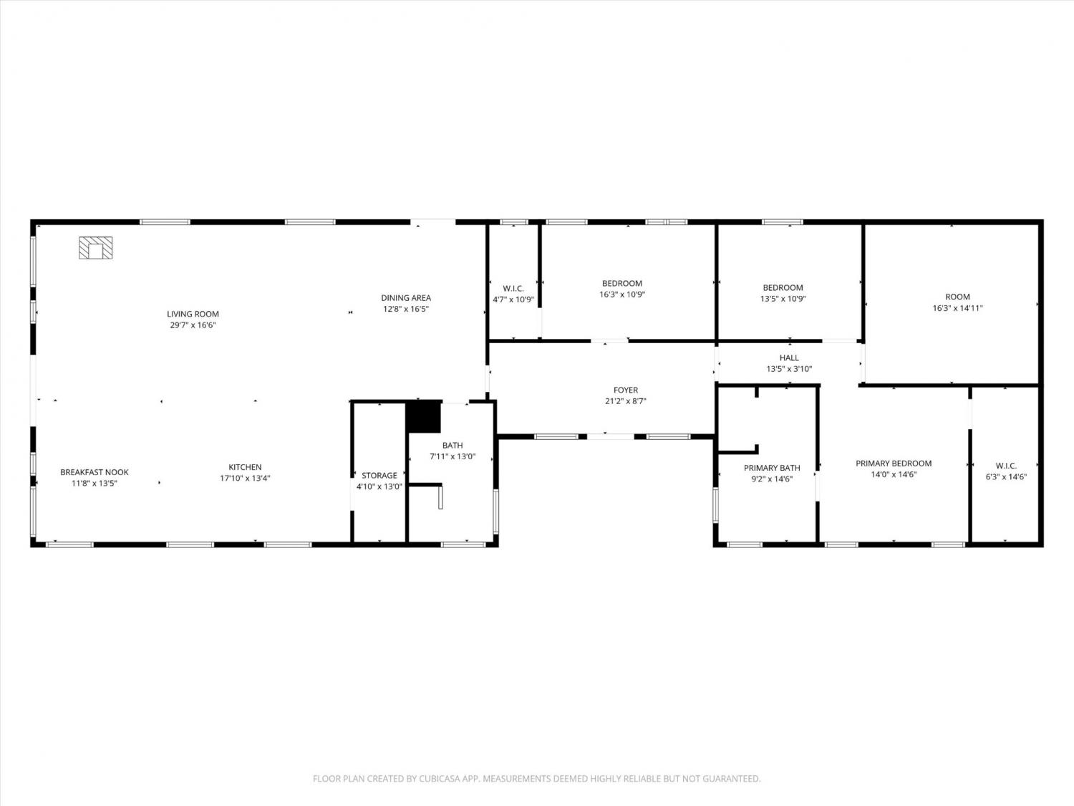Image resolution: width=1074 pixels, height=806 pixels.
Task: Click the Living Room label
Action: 193,315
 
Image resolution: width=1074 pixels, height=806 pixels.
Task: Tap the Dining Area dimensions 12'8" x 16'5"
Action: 406,310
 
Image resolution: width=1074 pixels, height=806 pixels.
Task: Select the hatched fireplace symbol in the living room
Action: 96,248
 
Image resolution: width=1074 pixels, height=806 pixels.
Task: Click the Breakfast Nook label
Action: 95,472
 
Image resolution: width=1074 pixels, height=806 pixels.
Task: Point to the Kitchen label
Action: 245,467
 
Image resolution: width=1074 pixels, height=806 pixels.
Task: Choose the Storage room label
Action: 379,476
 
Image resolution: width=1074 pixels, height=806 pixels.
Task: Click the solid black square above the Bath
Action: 424,416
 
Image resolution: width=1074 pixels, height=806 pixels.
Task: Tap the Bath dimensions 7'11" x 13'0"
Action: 453,457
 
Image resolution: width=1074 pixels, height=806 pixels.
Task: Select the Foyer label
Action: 626,390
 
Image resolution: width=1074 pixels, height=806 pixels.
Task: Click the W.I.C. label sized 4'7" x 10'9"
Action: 513,289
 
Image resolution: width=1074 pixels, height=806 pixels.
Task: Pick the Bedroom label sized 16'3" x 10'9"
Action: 622,283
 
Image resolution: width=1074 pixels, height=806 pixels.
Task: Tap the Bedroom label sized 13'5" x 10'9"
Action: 783,288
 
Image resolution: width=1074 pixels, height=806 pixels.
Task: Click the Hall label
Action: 789,358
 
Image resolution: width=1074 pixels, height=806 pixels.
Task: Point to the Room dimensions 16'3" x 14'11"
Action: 957,308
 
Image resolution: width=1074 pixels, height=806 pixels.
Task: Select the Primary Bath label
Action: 772,468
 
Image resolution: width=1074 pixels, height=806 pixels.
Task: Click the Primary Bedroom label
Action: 894,464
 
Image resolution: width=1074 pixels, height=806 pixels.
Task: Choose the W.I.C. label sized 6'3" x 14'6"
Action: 1006,466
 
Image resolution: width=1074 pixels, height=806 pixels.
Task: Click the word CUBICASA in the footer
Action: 438,779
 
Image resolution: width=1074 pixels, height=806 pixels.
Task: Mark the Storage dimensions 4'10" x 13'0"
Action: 379,487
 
